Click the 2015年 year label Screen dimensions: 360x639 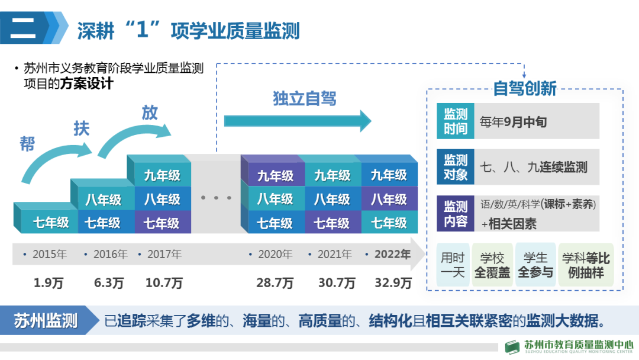pos(50,255)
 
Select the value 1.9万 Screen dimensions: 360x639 pos(49,283)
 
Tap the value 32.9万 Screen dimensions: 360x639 pos(393,283)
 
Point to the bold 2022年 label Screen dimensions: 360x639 pos(392,255)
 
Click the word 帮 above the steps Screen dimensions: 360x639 pos(27,144)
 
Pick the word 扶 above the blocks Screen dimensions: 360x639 pos(81,128)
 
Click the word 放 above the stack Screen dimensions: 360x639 pos(150,112)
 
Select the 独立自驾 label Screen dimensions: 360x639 pos(305,98)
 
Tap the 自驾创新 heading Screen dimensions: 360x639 pos(525,89)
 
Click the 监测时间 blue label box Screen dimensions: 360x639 pos(456,121)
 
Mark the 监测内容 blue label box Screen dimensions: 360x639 pos(456,214)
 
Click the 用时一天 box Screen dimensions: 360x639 pos(454,265)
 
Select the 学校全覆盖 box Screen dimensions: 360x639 pos(492,265)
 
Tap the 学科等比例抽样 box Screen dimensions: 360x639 pos(586,265)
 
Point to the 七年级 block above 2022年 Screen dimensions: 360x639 pos(389,223)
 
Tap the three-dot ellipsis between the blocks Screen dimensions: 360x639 pos(216,197)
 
